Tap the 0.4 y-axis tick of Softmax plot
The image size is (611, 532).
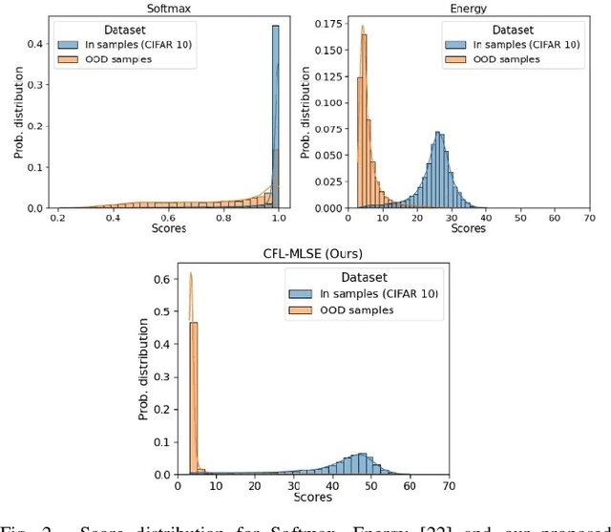(34, 44)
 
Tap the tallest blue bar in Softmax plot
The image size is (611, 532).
(275, 115)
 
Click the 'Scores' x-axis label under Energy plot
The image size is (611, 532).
(468, 229)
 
